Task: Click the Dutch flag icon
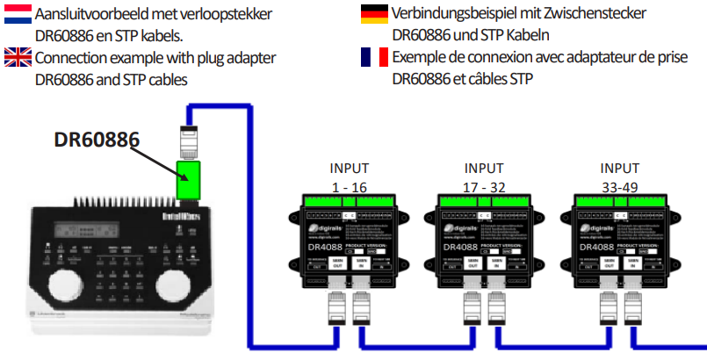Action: pyautogui.click(x=18, y=14)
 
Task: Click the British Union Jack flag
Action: pyautogui.click(x=18, y=58)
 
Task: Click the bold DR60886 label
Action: pyautogui.click(x=97, y=140)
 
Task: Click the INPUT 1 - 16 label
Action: pyautogui.click(x=349, y=176)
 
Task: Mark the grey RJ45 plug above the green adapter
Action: pyautogui.click(x=190, y=140)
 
